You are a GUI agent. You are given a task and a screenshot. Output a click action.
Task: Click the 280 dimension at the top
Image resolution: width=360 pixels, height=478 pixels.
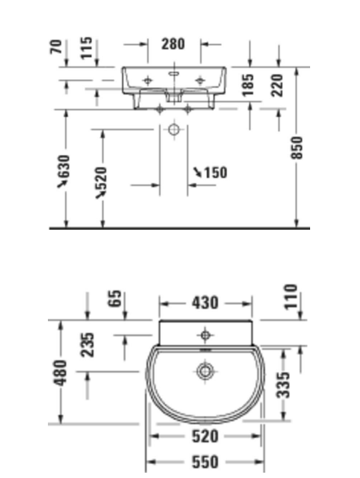[x=173, y=45]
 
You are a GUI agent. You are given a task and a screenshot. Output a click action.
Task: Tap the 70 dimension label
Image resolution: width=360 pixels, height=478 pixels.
[x=58, y=47]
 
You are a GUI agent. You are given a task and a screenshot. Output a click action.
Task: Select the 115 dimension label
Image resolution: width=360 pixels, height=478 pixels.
[x=87, y=48]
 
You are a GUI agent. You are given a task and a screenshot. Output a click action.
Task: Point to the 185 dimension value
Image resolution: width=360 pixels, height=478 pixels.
[x=248, y=85]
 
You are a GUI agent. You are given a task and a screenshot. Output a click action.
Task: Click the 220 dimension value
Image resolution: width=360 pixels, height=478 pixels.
[x=277, y=85]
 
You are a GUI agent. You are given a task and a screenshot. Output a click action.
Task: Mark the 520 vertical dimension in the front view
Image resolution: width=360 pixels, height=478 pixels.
[x=102, y=182]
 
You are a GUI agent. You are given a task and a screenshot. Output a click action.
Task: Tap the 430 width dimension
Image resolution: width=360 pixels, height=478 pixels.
[x=205, y=303]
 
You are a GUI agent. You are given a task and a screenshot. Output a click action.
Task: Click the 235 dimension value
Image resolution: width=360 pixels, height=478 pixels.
[x=88, y=344]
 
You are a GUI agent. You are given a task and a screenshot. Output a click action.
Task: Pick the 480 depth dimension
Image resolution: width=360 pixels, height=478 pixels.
[x=60, y=372]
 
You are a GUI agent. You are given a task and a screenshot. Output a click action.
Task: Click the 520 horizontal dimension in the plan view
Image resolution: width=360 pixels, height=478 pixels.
[x=205, y=437]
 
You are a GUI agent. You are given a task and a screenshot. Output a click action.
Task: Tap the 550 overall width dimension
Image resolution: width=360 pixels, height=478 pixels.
[x=205, y=461]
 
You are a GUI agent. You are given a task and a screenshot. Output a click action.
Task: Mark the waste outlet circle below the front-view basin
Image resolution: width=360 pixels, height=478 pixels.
[x=174, y=129]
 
